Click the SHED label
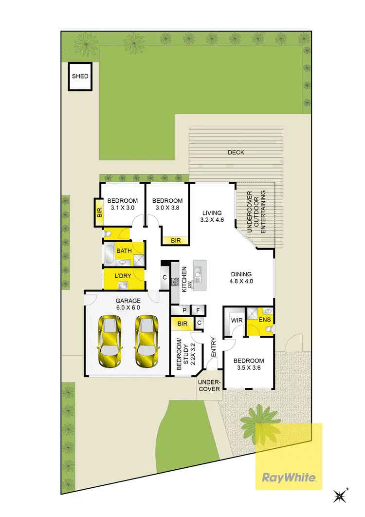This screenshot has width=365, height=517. pos(80,77)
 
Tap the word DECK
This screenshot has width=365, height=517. pos(236,153)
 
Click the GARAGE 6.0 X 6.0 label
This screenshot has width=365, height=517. pos(128,304)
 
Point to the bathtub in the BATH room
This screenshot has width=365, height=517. pos(109,254)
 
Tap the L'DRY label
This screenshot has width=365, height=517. pos(123,277)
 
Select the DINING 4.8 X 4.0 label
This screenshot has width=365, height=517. pos(241,277)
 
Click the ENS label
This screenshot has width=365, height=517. pos(265,320)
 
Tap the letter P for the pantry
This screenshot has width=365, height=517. pos(185,310)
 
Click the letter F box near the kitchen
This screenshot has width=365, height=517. pos(198,310)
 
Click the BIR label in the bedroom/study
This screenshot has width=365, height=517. pos(183,324)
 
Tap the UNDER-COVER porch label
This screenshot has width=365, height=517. pos(209,385)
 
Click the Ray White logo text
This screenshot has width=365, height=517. pos(289,477)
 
